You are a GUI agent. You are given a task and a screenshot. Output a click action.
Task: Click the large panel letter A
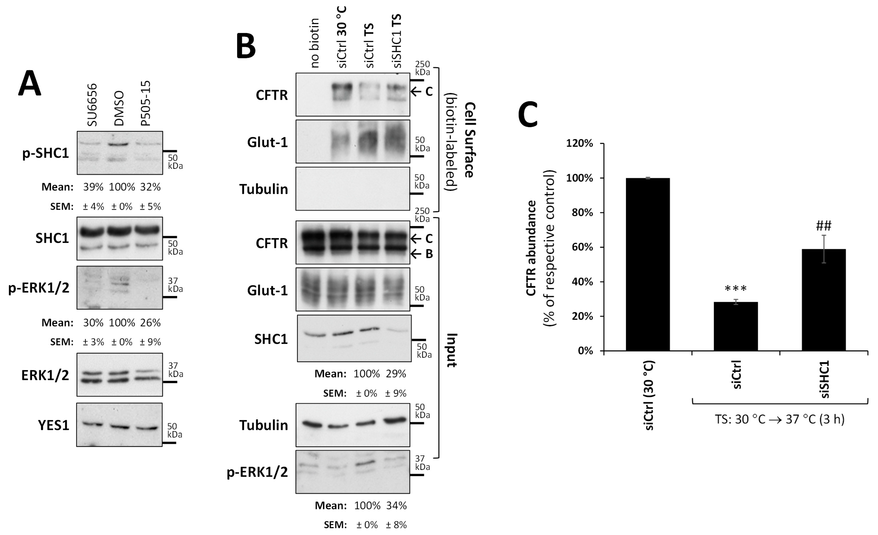(x=30, y=83)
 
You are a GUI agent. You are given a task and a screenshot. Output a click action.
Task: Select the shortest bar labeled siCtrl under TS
(x=736, y=326)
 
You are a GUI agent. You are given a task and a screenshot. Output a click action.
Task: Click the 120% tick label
(x=579, y=144)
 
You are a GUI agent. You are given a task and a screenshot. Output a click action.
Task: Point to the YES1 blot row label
(x=53, y=425)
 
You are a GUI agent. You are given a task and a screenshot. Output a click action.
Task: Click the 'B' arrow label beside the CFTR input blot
(x=429, y=254)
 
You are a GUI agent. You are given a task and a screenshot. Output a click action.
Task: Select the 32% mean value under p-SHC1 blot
(x=150, y=187)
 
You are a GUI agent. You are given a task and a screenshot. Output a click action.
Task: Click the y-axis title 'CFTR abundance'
(x=531, y=248)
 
